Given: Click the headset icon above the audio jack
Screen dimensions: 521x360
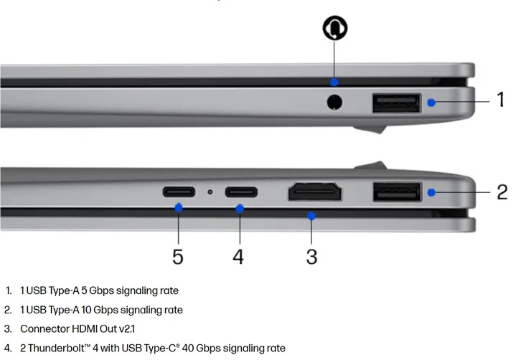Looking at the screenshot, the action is point(335,27).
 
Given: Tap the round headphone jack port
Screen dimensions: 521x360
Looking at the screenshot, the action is point(334,102).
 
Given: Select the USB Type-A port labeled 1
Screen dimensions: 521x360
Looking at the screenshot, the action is point(396,103).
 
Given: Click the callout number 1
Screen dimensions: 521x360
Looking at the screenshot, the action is point(500,100).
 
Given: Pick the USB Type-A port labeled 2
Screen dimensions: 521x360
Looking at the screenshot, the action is point(398,191).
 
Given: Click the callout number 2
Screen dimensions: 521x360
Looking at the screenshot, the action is point(502,192).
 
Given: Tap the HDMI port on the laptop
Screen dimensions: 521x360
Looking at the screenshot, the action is point(314,191).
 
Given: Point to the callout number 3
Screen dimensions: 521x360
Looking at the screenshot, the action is point(311,257).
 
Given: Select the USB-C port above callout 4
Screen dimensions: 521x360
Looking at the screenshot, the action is point(241,192).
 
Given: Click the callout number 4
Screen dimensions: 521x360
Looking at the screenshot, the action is point(238,257).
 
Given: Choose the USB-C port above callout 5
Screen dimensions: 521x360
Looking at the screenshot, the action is point(179,192).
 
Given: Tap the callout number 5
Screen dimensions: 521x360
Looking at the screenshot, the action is point(178,257).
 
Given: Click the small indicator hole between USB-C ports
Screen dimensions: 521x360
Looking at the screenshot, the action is point(210,192).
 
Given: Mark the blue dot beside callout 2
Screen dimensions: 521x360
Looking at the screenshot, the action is point(431,192).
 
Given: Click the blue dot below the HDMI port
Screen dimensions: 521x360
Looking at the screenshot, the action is point(311,216).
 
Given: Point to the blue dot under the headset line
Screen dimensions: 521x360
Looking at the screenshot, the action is point(334,82).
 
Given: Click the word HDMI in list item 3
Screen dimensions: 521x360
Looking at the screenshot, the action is point(85,328).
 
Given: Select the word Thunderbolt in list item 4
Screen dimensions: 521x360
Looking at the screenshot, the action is point(56,348).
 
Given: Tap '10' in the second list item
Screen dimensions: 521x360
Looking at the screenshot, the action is point(86,310).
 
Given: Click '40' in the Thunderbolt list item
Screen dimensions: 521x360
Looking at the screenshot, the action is point(188,348).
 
